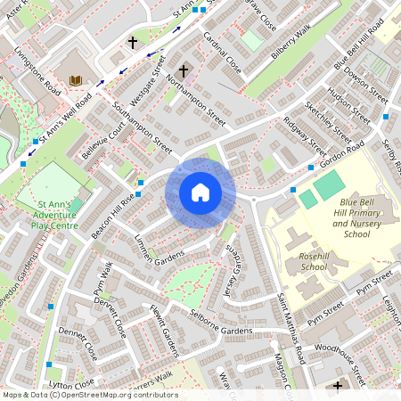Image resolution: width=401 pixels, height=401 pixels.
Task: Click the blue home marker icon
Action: click(200, 192)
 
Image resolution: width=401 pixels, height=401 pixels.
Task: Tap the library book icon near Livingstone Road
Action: click(75, 81)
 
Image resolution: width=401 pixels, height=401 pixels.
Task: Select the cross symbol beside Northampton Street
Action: click(184, 70)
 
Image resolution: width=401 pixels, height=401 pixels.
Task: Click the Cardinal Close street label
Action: click(222, 54)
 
